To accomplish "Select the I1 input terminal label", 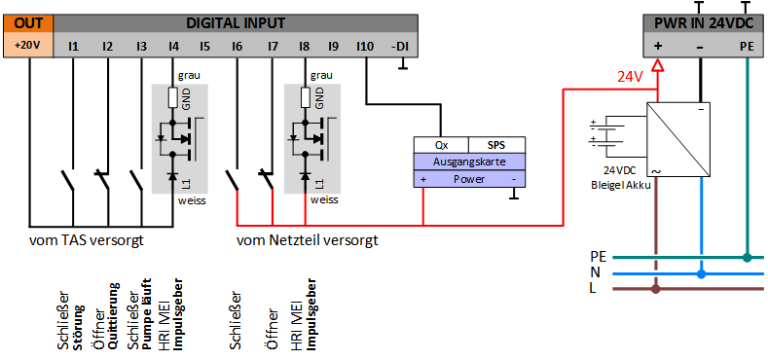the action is tap(73, 47).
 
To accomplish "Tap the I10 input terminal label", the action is tap(365, 47).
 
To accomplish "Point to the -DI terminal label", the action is tap(401, 47).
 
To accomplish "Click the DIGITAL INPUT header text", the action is tap(236, 23).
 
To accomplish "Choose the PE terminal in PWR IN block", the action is tap(747, 47).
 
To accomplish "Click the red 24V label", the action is tap(629, 77).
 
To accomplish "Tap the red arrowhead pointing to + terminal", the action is tap(657, 64).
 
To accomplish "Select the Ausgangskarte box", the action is tap(470, 162).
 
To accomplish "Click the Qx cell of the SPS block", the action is tap(442, 146).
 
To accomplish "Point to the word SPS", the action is tap(496, 146).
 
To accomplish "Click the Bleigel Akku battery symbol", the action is tap(606, 133).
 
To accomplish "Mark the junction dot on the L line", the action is tap(656, 289).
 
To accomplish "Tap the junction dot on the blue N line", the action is tap(702, 274).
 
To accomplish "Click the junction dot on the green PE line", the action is tap(747, 257).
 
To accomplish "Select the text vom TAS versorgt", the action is tap(87, 241).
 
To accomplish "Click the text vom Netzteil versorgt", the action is tap(308, 241).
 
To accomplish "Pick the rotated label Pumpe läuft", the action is tap(146, 314).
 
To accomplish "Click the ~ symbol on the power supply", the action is tap(654, 171).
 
